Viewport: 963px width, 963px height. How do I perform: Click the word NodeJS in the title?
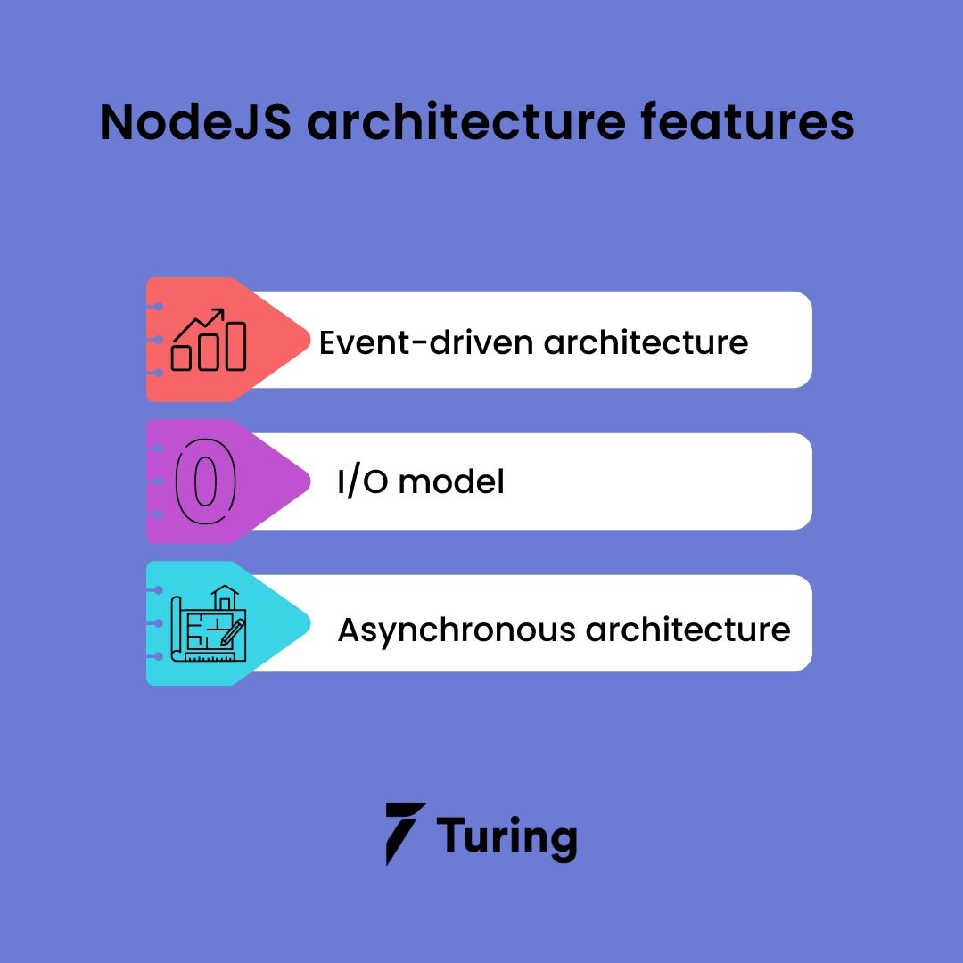coord(194,122)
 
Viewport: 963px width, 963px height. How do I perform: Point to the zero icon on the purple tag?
coord(206,481)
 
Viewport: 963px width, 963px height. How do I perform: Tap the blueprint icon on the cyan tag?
coord(211,623)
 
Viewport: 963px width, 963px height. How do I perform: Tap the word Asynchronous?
coord(456,630)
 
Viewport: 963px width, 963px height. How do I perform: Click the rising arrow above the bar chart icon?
coord(202,323)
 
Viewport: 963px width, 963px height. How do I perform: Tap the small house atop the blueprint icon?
coord(225,597)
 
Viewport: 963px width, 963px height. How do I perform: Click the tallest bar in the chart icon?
coord(235,347)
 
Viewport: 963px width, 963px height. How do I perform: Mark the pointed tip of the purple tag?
coord(308,481)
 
